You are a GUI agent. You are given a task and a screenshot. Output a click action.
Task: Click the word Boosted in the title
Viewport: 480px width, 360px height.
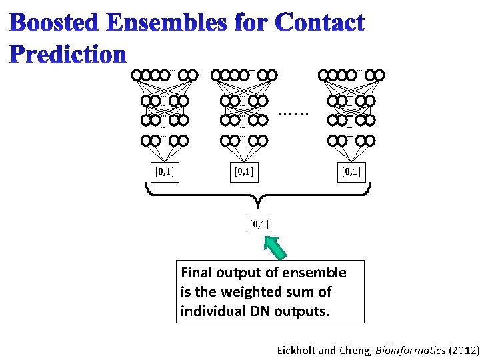(52, 24)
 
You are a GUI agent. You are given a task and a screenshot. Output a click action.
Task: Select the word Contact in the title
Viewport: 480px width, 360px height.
(319, 24)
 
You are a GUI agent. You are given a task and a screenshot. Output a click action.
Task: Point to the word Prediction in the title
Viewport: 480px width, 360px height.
(69, 53)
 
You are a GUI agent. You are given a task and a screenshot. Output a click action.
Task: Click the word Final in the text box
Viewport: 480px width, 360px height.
(196, 273)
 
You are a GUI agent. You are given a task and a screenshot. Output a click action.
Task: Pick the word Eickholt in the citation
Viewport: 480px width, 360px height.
(299, 349)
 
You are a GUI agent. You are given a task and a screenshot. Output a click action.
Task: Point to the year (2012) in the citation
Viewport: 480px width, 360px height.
(463, 349)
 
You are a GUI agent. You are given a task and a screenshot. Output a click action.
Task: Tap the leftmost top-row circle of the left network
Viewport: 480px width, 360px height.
(138, 75)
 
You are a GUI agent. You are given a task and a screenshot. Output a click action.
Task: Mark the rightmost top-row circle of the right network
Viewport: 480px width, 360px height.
(379, 75)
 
